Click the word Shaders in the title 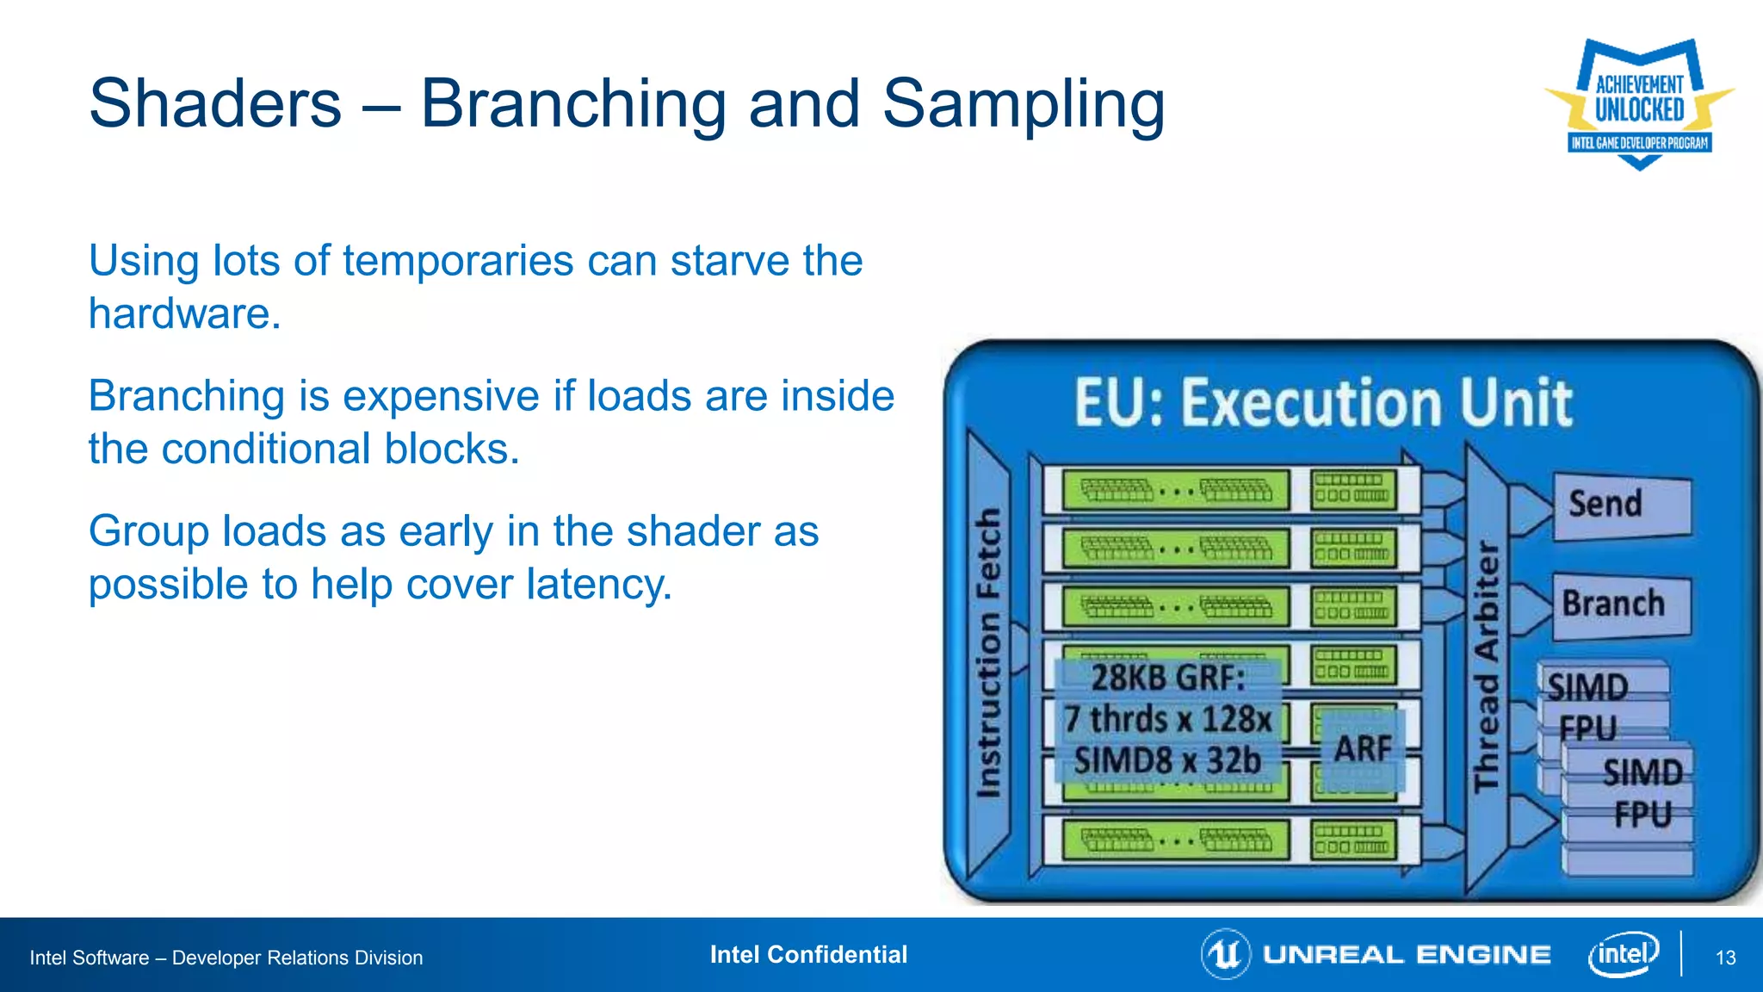pyautogui.click(x=215, y=103)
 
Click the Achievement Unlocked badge pyautogui.click(x=1639, y=104)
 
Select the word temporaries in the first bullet pyautogui.click(x=458, y=261)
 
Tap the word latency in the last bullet pyautogui.click(x=597, y=585)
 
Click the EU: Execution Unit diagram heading pyautogui.click(x=1323, y=402)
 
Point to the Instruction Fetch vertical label pyautogui.click(x=988, y=653)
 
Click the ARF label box pyautogui.click(x=1362, y=748)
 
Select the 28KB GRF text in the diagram pyautogui.click(x=1167, y=679)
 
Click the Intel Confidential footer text pyautogui.click(x=808, y=954)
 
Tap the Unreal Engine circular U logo pyautogui.click(x=1225, y=954)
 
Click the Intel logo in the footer pyautogui.click(x=1623, y=954)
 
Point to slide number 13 pyautogui.click(x=1725, y=958)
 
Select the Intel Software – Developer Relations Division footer pyautogui.click(x=226, y=958)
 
